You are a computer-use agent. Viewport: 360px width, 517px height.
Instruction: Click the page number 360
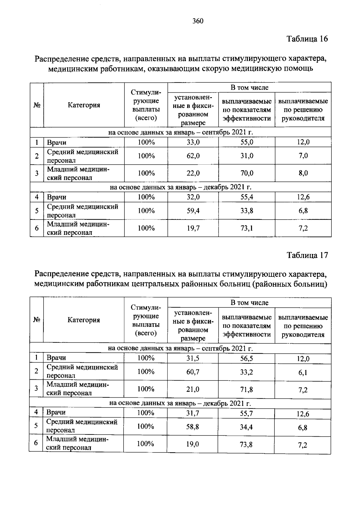pos(198,21)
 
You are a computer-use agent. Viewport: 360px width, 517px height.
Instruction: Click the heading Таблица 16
pos(307,39)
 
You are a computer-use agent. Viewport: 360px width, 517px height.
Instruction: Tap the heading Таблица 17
pos(307,255)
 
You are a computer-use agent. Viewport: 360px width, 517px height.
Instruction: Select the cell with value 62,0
pos(193,156)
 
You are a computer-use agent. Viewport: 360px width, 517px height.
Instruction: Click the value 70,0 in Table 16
pos(247,173)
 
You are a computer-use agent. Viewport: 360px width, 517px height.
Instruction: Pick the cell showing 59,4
pos(193,211)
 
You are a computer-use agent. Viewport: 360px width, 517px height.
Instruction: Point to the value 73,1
pos(247,228)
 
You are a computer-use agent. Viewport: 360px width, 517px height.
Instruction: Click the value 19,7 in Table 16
pos(193,228)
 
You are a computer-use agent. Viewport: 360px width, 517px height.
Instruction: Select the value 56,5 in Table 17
pos(247,358)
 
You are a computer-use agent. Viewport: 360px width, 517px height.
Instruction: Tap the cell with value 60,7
pos(193,372)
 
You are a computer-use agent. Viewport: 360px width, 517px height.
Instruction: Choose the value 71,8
pos(247,390)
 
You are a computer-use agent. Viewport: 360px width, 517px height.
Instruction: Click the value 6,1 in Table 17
pos(303,373)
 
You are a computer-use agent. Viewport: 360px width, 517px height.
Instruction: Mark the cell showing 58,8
pos(193,427)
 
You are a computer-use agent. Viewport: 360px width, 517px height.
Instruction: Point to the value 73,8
pos(246,444)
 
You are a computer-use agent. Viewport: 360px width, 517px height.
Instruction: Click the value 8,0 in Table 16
pos(303,173)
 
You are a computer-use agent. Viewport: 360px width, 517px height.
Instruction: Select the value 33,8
pos(247,211)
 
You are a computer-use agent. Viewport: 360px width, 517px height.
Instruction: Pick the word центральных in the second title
pos(153,284)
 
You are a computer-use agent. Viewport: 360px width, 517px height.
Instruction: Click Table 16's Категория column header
pos(84,105)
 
